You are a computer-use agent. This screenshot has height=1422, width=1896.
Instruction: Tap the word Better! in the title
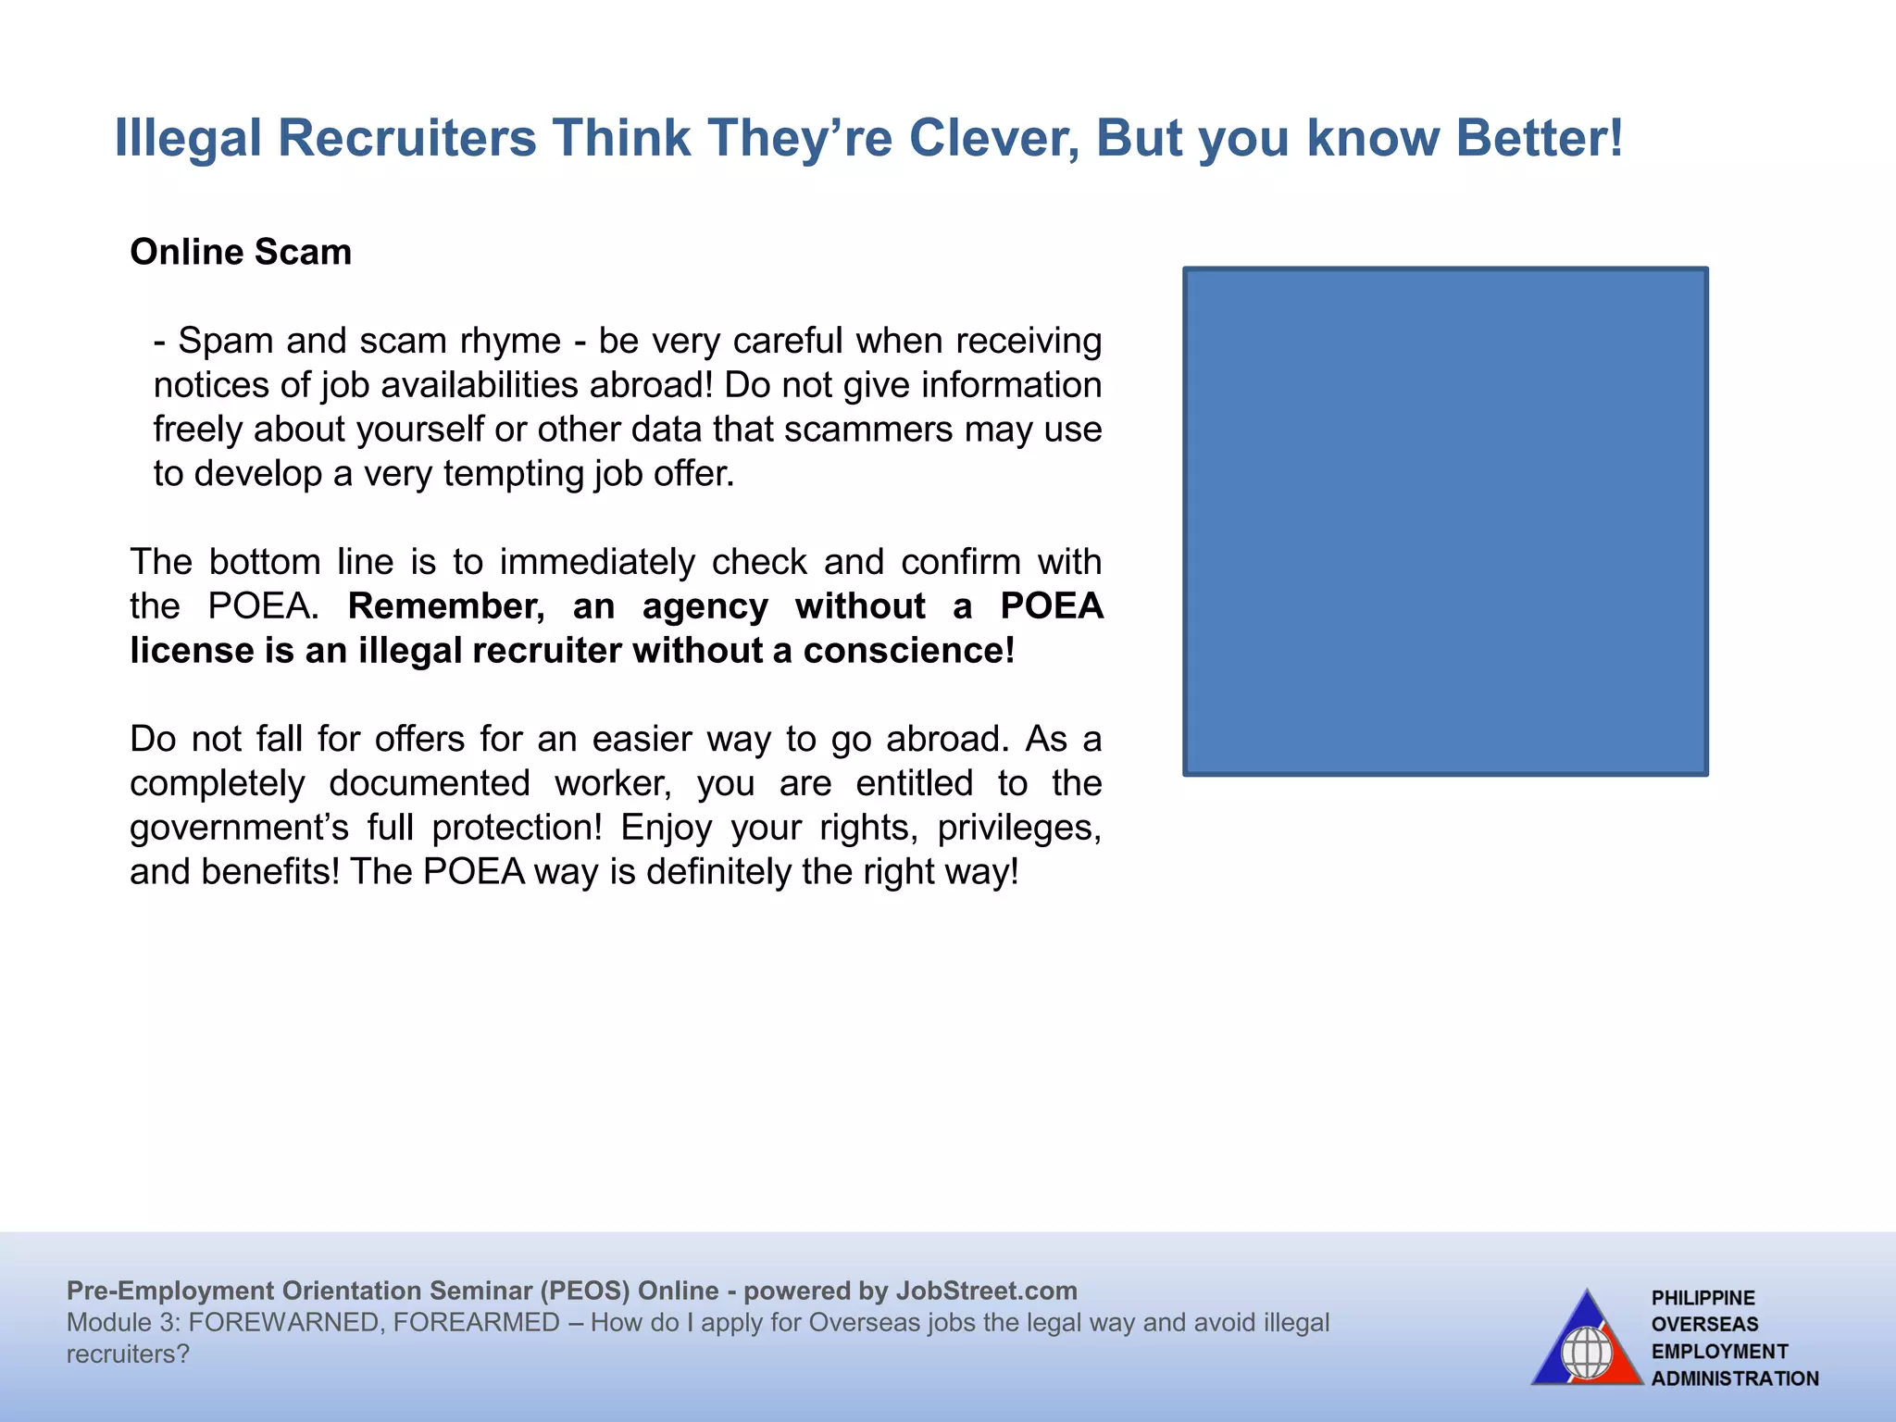(1540, 138)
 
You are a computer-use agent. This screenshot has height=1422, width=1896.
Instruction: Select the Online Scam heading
(241, 252)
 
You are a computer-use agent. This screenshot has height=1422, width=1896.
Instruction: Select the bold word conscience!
(908, 651)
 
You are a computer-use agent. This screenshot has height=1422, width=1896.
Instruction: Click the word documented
(430, 783)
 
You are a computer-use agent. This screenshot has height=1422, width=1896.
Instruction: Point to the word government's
(239, 828)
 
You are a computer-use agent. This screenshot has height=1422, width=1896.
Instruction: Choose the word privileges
(1018, 828)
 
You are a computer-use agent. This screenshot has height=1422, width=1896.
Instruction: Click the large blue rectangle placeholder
(1445, 521)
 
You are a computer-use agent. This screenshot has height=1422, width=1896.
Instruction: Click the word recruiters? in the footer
(128, 1353)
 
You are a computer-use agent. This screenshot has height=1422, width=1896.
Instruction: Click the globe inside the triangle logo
(1587, 1353)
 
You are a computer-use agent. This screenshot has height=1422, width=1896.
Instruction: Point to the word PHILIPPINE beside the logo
(1703, 1298)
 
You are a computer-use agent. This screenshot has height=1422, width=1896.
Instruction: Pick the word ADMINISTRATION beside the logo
(1735, 1378)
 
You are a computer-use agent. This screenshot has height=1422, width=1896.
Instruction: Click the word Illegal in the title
(188, 138)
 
